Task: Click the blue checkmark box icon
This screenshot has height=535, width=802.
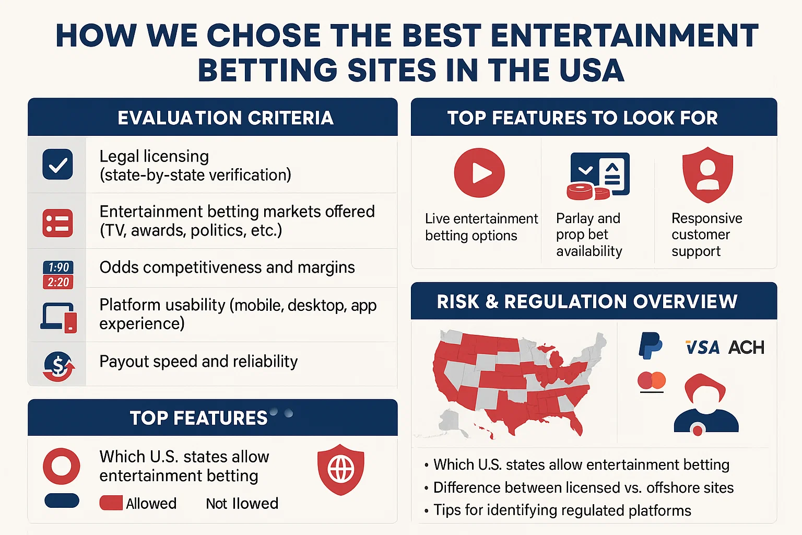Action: pyautogui.click(x=57, y=164)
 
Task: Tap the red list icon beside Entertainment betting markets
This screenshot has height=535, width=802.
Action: pyautogui.click(x=57, y=223)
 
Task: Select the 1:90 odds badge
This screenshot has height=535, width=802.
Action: pyautogui.click(x=58, y=267)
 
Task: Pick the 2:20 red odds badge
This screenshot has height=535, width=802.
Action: pyautogui.click(x=58, y=282)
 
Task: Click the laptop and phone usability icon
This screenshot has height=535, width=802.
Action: pyautogui.click(x=58, y=318)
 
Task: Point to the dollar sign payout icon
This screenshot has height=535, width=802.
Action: pyautogui.click(x=58, y=366)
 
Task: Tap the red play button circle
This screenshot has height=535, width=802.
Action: pyautogui.click(x=479, y=173)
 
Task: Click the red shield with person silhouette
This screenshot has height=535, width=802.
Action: pyautogui.click(x=707, y=175)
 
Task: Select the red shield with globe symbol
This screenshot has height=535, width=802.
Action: pyautogui.click(x=341, y=469)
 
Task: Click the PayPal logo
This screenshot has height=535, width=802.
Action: pyautogui.click(x=650, y=345)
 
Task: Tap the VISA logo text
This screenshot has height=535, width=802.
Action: pyautogui.click(x=702, y=347)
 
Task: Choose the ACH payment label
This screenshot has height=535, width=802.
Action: pyautogui.click(x=746, y=347)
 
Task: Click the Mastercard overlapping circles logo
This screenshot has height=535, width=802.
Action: pyautogui.click(x=652, y=380)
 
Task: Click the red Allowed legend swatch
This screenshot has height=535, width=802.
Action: pyautogui.click(x=111, y=503)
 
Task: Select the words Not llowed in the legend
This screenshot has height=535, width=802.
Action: pyautogui.click(x=242, y=504)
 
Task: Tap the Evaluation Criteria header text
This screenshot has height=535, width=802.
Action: pyautogui.click(x=226, y=118)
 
